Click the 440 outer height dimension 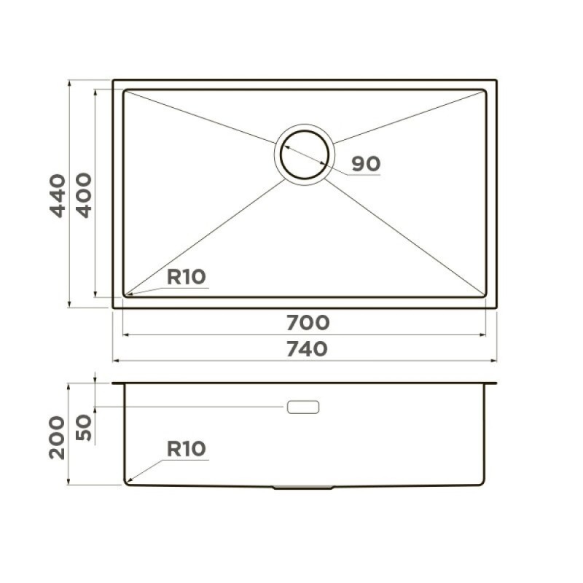(x=58, y=195)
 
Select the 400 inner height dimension (x=84, y=195)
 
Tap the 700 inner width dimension (x=308, y=323)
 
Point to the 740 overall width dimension (x=307, y=349)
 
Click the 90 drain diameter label (x=366, y=164)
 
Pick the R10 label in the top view (x=187, y=277)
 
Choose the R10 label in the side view (x=187, y=449)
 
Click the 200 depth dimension (x=58, y=437)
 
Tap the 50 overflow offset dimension (x=84, y=428)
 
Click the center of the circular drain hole (x=305, y=154)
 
